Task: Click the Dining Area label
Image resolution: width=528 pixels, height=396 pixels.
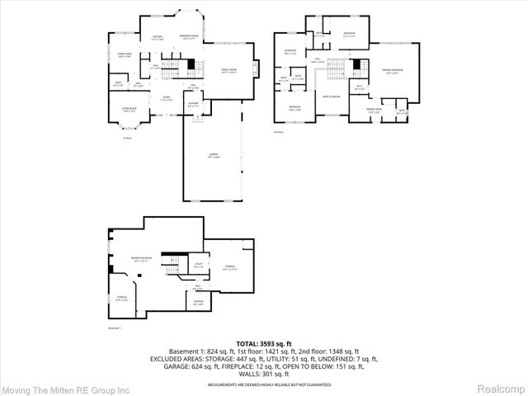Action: (x=125, y=55)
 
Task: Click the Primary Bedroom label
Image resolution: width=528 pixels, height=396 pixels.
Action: (x=392, y=73)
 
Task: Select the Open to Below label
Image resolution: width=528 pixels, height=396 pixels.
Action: (x=332, y=96)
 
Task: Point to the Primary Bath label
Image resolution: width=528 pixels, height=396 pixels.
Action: (x=374, y=111)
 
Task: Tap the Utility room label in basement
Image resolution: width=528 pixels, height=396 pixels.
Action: (x=198, y=266)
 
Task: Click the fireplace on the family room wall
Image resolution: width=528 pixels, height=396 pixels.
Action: (x=256, y=68)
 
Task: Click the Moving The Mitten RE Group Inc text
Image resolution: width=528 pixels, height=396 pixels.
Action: (x=66, y=388)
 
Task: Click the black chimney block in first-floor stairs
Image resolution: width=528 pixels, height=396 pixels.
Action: (x=191, y=64)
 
